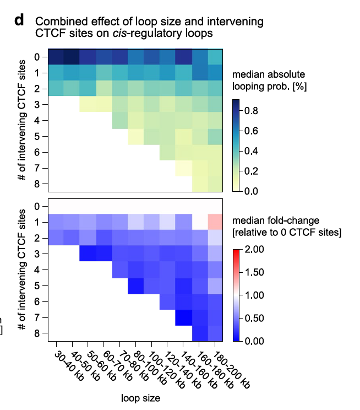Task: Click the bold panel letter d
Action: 19,20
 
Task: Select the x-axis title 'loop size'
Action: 140,398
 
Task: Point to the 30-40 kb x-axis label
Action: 69,366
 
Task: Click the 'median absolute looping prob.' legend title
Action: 269,80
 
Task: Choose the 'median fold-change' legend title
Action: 276,220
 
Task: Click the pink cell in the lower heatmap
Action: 215,222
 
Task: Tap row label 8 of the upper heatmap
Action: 37,184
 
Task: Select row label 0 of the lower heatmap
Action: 37,207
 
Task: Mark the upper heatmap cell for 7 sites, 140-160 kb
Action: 184,169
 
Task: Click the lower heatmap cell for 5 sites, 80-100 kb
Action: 136,287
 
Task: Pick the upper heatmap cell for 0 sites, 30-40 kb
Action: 56,57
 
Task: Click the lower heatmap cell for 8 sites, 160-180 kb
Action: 200,333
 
